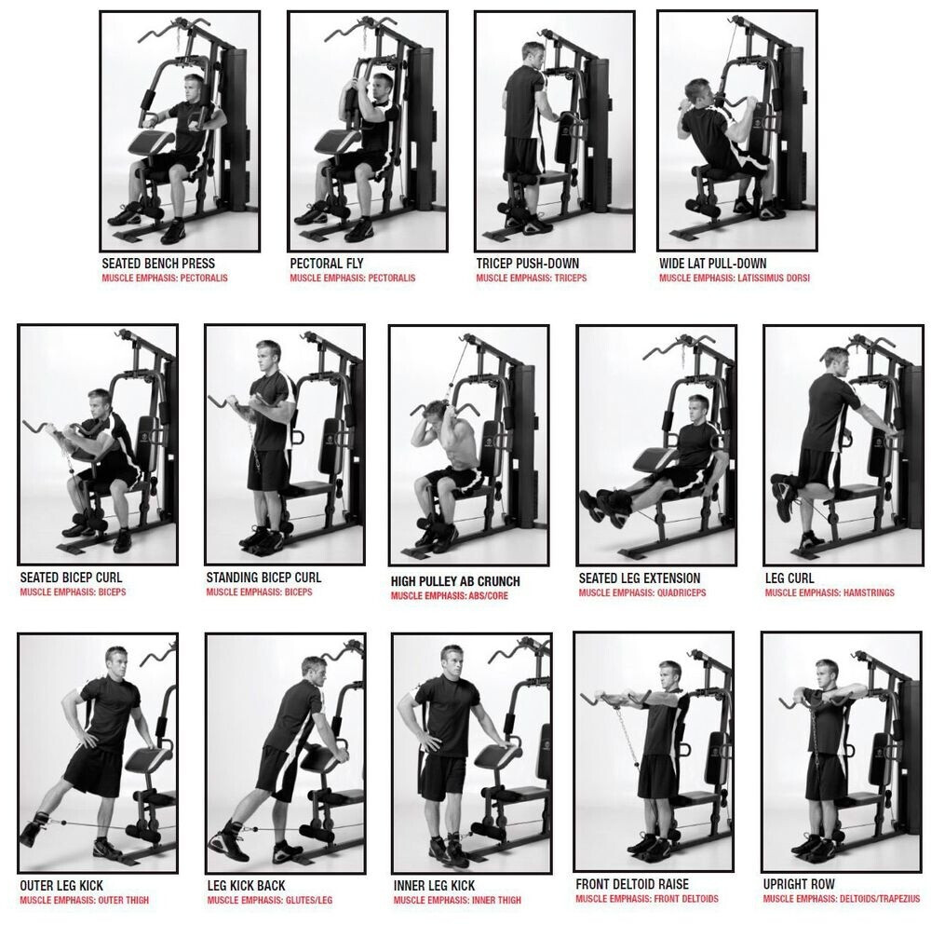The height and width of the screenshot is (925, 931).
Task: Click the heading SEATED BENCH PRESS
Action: (158, 264)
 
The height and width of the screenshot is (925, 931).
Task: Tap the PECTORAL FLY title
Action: (327, 264)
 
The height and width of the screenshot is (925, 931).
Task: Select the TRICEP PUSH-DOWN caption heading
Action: (527, 264)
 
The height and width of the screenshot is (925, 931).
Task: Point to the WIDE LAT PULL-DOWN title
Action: (712, 264)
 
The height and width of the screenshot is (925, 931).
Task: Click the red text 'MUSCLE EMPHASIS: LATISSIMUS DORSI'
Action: (735, 278)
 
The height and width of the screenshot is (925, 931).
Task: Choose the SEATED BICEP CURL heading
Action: (72, 578)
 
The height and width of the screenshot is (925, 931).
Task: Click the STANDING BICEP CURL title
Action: (263, 578)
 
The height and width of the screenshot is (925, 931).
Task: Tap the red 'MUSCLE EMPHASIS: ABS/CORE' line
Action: (450, 596)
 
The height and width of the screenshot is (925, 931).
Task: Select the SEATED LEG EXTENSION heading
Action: (640, 578)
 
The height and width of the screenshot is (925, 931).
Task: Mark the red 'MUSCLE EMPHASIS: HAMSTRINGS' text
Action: (830, 592)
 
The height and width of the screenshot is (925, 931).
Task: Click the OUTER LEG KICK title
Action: (61, 886)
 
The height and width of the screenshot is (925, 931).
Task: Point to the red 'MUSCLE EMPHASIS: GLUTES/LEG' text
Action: (270, 901)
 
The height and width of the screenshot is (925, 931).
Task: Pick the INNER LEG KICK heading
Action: (434, 886)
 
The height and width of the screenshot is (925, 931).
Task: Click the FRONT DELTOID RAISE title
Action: (632, 884)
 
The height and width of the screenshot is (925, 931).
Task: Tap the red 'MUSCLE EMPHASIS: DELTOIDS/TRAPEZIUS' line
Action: (842, 899)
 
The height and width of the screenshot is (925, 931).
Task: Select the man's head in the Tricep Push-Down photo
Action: (533, 56)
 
